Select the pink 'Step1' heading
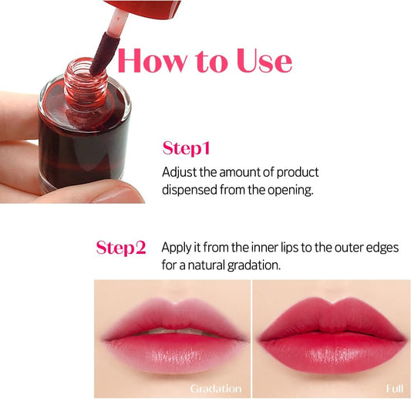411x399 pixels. [186, 147]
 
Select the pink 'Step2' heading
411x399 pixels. [120, 248]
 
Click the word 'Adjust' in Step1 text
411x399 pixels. [179, 172]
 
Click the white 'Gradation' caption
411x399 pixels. [216, 388]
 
